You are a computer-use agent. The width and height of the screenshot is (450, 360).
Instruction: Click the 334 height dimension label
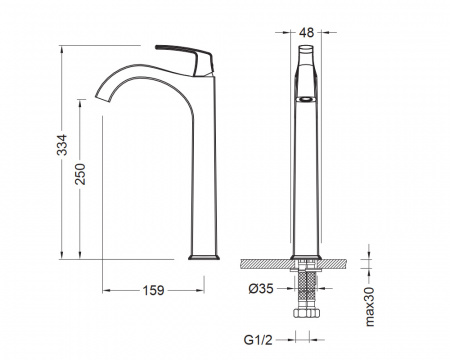62,145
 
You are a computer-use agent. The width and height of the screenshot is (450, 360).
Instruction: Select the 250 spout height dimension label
80,174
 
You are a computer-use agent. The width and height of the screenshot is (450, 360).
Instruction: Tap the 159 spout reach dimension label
154,290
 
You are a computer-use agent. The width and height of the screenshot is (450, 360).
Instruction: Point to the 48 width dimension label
307,33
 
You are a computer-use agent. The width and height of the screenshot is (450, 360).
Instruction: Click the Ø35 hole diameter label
261,289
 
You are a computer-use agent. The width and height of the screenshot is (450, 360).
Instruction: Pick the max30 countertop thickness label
370,307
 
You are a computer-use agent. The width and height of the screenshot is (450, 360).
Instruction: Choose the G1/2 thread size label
258,340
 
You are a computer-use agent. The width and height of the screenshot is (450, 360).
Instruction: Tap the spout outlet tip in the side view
103,95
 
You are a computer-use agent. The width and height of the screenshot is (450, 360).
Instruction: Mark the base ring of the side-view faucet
204,257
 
